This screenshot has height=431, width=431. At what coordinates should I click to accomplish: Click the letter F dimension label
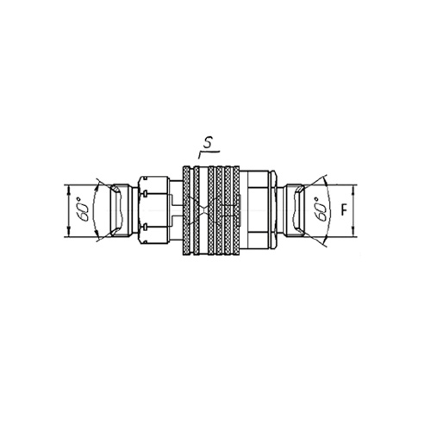click(344, 210)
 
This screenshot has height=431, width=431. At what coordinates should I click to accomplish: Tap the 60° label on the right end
click(322, 209)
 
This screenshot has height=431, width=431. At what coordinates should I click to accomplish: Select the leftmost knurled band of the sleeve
click(186, 210)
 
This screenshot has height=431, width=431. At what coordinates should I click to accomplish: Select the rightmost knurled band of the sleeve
click(236, 210)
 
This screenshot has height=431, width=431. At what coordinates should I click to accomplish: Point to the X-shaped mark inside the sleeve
click(203, 210)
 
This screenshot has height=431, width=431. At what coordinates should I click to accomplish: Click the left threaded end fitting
click(121, 210)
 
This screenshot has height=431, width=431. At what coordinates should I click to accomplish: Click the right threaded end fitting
click(294, 210)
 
